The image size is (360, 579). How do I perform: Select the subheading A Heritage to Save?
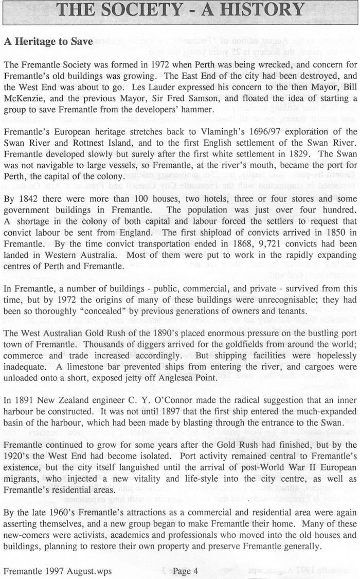click(48, 42)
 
